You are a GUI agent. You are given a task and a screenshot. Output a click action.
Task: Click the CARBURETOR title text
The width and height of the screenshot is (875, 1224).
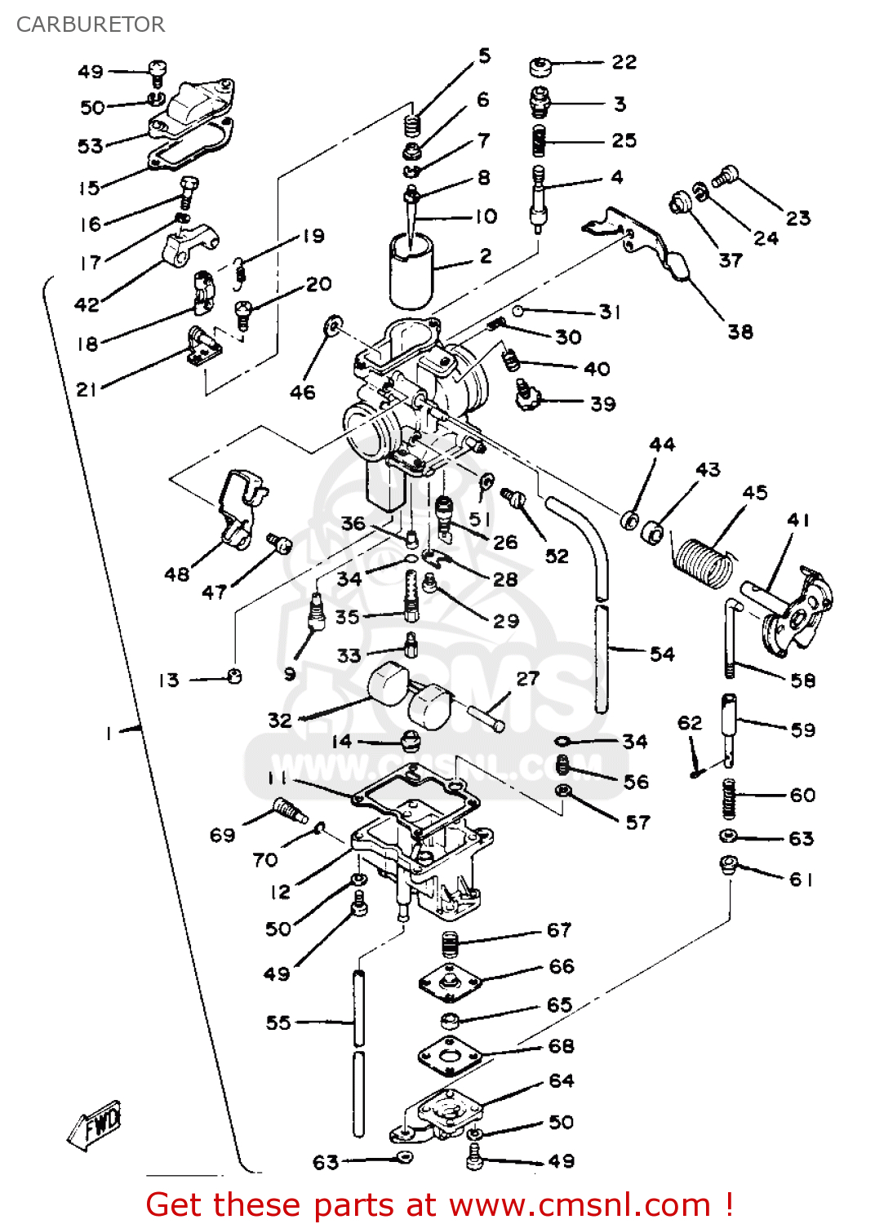(x=91, y=24)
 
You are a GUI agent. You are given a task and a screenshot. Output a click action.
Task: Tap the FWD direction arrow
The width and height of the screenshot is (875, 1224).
(x=95, y=1125)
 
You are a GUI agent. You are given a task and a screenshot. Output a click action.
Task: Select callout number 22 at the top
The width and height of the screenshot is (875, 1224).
(x=624, y=62)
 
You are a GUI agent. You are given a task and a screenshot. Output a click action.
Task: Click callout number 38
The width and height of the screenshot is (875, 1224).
(x=740, y=331)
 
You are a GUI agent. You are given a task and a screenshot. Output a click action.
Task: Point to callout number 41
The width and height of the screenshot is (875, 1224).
(x=798, y=520)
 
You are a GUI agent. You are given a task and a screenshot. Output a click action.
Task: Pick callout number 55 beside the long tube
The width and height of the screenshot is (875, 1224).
(x=278, y=1022)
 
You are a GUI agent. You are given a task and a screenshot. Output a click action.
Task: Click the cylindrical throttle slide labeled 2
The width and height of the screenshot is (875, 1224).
(x=411, y=269)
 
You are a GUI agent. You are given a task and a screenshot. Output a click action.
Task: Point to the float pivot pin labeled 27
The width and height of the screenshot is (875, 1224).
(x=485, y=718)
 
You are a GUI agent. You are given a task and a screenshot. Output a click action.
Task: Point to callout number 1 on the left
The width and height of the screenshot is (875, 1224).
(x=108, y=733)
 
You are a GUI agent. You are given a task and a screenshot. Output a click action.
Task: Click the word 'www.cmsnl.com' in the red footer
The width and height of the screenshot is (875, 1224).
(x=580, y=1205)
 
